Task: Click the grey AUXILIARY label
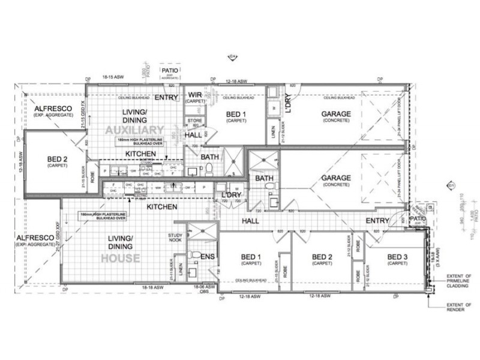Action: point(134,130)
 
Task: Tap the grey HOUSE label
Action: point(121,259)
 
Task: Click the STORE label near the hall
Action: point(194,121)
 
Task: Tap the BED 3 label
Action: point(397,257)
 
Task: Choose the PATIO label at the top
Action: point(168,71)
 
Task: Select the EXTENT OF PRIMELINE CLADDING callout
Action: point(460,281)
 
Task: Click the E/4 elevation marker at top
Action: point(232,57)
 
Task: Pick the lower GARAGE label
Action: point(336,178)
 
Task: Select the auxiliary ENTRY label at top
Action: point(166,97)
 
